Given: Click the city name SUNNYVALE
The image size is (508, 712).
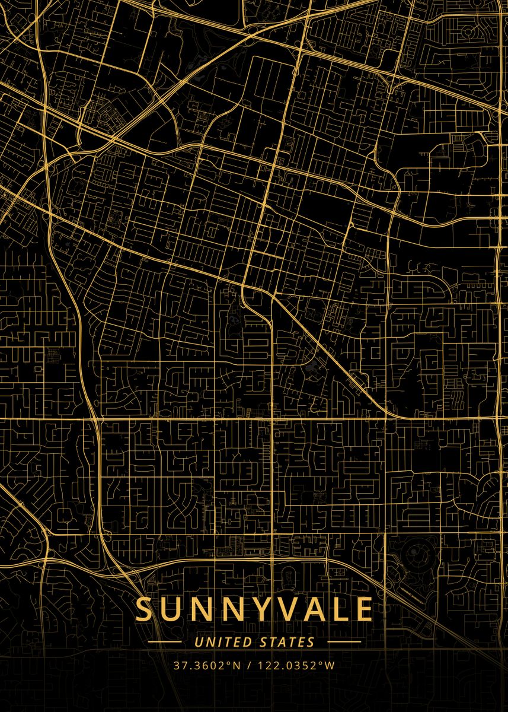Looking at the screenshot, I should point(254,609).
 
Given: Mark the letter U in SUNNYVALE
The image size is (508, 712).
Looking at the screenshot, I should point(171,609).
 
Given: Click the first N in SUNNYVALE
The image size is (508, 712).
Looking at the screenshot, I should point(200,609).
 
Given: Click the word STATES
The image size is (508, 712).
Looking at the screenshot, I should point(287,642).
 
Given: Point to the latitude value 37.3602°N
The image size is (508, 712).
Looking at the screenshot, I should point(207,665).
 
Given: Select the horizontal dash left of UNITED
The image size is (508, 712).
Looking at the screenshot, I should point(165,642).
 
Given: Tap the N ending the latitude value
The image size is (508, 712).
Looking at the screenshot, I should point(237,665).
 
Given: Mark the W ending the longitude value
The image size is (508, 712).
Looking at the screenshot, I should point(330,665).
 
